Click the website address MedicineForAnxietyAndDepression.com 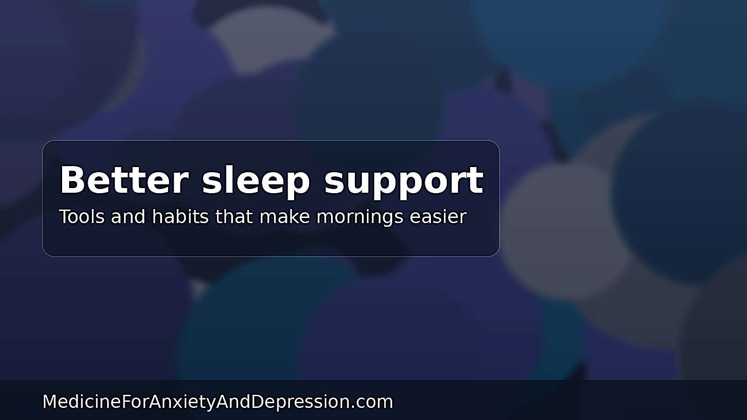(x=218, y=402)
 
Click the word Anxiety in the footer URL (x=182, y=402)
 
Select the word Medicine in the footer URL (x=82, y=402)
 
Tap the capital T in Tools (x=64, y=217)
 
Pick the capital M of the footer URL (x=49, y=402)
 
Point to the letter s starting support (x=334, y=182)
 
